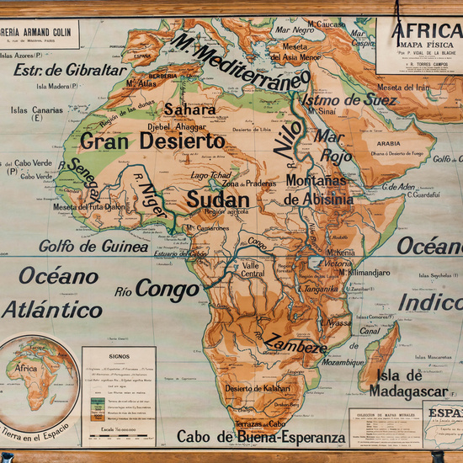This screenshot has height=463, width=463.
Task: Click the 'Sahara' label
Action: (x=189, y=109)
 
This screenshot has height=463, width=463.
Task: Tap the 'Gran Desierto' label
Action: (x=152, y=141)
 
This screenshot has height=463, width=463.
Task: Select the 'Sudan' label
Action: (x=218, y=200)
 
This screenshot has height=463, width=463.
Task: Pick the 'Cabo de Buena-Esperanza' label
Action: (x=261, y=439)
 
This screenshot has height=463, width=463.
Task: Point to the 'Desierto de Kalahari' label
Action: (x=256, y=388)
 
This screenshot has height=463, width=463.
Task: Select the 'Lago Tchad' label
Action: (x=210, y=175)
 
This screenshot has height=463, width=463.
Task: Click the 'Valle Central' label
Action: (x=253, y=269)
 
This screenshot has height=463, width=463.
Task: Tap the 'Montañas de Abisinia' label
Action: (x=319, y=189)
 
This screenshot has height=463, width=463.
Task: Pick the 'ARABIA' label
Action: (x=388, y=144)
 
